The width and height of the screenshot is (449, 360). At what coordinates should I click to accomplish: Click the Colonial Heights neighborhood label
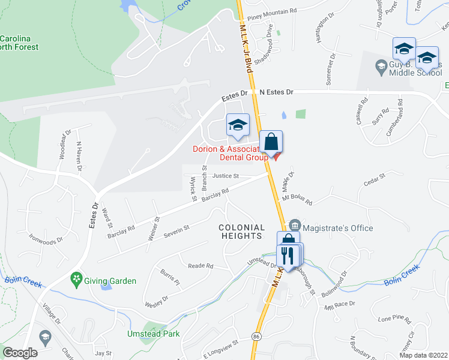pyautogui.click(x=242, y=232)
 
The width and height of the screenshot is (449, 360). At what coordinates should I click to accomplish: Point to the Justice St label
pyautogui.click(x=225, y=176)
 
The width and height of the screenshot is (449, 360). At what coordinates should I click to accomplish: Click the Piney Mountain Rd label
pyautogui.click(x=272, y=11)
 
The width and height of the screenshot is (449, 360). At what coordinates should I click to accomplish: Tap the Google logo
pyautogui.click(x=20, y=353)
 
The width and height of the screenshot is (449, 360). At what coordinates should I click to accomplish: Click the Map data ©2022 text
pyautogui.click(x=423, y=355)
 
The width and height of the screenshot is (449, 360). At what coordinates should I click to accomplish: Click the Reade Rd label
pyautogui.click(x=200, y=265)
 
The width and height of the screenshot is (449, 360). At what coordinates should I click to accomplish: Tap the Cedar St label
pyautogui.click(x=373, y=178)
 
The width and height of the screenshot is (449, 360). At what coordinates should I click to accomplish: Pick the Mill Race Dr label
pyautogui.click(x=340, y=305)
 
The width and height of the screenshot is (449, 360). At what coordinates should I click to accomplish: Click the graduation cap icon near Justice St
pyautogui.click(x=237, y=126)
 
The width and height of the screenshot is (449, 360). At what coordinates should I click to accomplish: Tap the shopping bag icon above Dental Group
pyautogui.click(x=271, y=142)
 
